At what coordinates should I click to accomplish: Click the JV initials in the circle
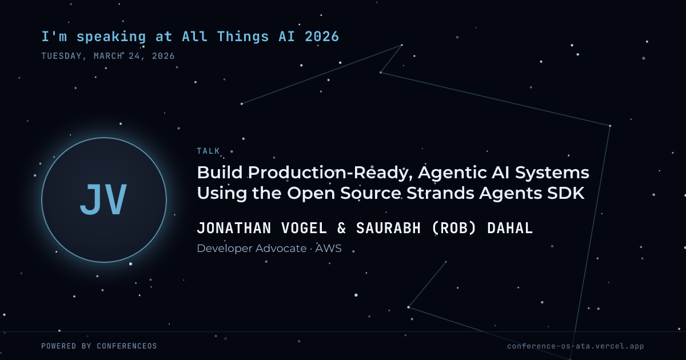(103, 199)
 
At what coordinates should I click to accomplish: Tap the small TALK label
(208, 151)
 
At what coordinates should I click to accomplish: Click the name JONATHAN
(234, 228)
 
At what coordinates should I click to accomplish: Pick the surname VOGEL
(304, 228)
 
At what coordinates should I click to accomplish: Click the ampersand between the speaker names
(341, 228)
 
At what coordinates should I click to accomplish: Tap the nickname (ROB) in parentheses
(454, 228)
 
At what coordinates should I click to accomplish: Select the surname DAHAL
(510, 228)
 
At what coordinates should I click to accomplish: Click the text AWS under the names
(328, 248)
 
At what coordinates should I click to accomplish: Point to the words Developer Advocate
(252, 249)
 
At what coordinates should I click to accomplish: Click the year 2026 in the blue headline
(322, 37)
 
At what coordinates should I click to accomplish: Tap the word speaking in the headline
(111, 37)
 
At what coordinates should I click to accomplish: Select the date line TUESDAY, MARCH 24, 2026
(108, 56)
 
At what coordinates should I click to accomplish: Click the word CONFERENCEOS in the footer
(127, 346)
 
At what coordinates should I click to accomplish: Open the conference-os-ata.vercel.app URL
(576, 346)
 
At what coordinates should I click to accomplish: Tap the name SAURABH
(388, 228)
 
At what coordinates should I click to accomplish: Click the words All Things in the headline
(226, 37)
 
